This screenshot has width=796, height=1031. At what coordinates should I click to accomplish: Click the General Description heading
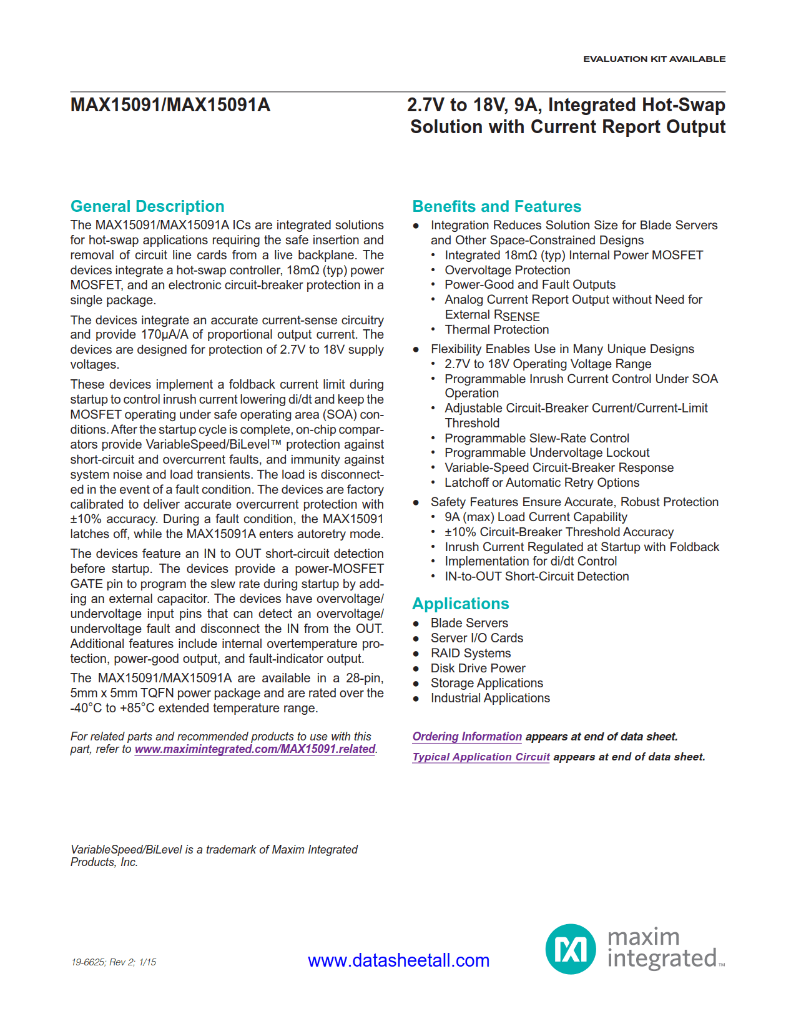147,206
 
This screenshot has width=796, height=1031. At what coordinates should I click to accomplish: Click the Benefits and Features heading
496,206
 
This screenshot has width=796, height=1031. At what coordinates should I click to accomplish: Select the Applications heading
460,604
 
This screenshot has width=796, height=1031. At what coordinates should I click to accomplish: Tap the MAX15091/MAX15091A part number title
170,104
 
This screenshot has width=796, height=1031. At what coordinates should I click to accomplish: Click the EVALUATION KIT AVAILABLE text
654,59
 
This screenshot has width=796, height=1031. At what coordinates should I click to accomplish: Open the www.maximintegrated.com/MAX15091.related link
255,749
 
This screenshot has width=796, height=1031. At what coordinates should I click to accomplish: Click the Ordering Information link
466,737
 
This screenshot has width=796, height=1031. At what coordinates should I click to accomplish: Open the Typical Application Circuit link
481,757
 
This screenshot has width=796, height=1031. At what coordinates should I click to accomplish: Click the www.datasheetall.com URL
398,960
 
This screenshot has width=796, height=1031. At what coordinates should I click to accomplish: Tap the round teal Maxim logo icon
571,949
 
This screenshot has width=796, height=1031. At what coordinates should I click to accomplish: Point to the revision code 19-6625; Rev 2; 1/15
114,962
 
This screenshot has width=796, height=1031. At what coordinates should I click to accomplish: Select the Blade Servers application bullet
469,623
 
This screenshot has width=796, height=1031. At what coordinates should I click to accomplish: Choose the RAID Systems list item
470,653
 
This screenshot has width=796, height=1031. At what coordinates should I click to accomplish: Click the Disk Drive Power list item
478,668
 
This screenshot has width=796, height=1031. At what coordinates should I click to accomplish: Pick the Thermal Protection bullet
496,329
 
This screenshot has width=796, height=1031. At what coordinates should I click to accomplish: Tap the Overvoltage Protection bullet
507,270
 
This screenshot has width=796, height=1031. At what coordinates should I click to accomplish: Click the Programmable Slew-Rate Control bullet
536,438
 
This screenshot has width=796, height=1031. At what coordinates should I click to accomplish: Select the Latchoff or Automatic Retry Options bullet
541,482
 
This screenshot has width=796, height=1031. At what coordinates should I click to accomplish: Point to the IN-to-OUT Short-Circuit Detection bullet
536,576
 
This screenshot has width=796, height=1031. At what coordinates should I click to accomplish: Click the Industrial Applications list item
489,698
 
